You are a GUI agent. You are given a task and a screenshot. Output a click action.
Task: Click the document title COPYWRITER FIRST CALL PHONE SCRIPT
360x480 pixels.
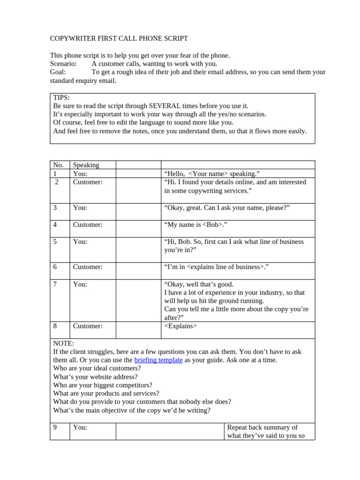[119, 38]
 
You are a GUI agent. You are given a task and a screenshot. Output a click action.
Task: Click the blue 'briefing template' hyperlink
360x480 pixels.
[158, 360]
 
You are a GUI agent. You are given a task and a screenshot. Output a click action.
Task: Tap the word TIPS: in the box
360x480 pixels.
[61, 97]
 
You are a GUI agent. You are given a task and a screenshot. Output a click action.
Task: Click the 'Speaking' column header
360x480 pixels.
[86, 165]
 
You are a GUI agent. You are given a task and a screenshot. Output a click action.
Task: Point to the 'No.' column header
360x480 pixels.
[58, 165]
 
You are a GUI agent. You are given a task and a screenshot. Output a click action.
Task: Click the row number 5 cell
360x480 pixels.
[55, 242]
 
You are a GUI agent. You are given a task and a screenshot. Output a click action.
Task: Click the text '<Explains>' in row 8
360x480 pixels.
[180, 326]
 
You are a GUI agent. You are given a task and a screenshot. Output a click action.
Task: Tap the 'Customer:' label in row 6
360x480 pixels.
[88, 267]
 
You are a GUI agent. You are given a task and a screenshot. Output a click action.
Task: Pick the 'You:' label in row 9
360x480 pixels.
[80, 427]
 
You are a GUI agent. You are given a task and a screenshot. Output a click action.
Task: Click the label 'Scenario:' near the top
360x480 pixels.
[63, 64]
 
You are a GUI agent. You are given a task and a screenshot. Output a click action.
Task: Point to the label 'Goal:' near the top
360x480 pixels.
[58, 72]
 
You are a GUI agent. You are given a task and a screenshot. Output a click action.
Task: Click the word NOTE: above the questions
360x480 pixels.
[63, 344]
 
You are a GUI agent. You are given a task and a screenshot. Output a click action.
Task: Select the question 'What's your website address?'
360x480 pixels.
[95, 377]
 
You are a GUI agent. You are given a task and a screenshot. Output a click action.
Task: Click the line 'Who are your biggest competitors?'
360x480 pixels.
[103, 385]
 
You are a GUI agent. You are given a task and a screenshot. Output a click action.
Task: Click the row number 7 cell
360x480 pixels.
[55, 284]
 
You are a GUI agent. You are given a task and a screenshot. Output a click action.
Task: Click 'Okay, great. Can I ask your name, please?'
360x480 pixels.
[227, 208]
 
